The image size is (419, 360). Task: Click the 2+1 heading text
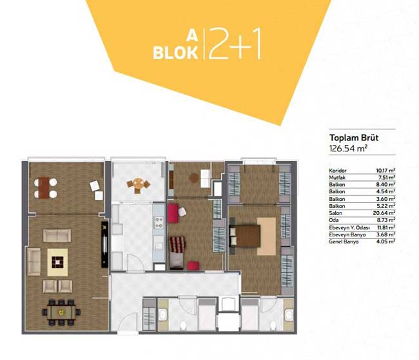[235, 44]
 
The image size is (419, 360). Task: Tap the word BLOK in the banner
[175, 53]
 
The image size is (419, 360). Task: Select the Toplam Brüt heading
[354, 138]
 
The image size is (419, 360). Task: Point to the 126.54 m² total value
[349, 148]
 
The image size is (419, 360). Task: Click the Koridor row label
[338, 171]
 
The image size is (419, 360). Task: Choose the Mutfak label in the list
[337, 178]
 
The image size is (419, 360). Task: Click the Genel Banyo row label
[344, 242]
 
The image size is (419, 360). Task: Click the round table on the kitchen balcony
[138, 184]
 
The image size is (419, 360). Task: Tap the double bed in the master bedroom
[245, 235]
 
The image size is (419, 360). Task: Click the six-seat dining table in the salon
[61, 312]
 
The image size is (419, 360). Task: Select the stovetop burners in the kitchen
[159, 222]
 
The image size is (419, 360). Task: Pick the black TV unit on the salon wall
[104, 244]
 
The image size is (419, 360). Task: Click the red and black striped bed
[178, 244]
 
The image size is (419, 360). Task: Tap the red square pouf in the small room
[193, 266]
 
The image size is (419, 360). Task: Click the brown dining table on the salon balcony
[44, 188]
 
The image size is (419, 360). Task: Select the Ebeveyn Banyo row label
[347, 234]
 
